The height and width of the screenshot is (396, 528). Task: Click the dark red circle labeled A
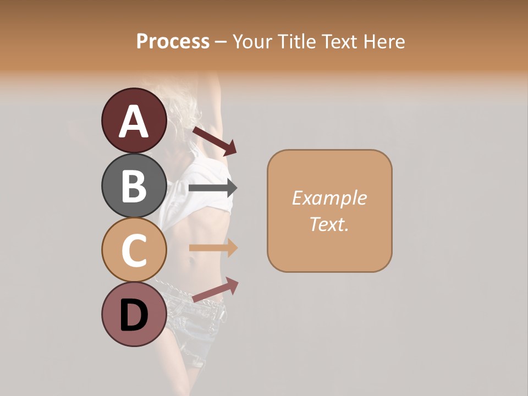[134, 120]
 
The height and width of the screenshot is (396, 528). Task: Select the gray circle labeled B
[134, 185]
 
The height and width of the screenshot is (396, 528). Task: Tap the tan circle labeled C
[134, 250]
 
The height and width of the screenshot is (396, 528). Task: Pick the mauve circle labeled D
[134, 314]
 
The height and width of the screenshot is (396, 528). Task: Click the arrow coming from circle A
[214, 140]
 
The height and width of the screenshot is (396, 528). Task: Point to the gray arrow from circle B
[213, 188]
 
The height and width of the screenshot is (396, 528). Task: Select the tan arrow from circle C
[213, 248]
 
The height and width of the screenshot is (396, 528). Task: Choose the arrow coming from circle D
[215, 290]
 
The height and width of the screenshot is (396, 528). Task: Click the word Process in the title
[173, 42]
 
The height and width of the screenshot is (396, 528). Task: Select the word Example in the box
[329, 198]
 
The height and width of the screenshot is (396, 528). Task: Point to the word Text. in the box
[329, 224]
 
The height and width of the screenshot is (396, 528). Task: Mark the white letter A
[134, 122]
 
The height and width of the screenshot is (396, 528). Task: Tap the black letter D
[134, 316]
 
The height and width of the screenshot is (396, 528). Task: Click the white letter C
[134, 251]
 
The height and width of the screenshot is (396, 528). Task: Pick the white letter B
[134, 186]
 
